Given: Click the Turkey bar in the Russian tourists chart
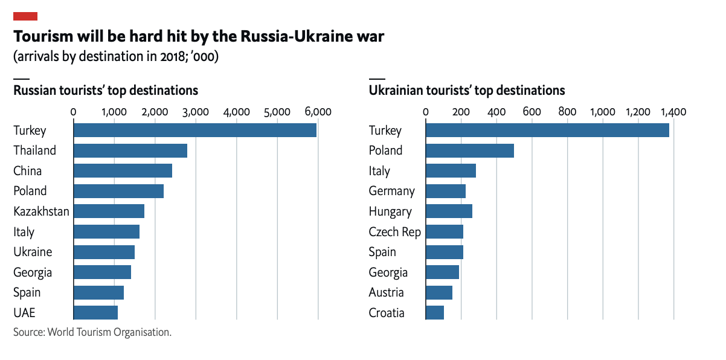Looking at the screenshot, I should point(194,130).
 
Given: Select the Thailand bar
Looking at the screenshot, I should point(130,150).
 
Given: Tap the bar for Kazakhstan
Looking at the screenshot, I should point(109,211).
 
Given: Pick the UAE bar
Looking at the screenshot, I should point(95,312).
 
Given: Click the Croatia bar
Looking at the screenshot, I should point(435,312).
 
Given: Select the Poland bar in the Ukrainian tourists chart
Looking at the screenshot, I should point(469,150).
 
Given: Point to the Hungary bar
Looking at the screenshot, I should point(449,211).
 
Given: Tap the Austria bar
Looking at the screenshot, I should point(439,292).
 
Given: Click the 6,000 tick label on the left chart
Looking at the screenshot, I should point(318,112).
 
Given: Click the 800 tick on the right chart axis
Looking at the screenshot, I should point(567,112).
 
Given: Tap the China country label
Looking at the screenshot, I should point(28,171).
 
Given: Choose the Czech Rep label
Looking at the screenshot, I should point(394,231).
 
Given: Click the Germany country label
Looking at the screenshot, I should point(391,191).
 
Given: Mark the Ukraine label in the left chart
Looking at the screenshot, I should point(33,252).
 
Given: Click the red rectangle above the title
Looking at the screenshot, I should point(25,16).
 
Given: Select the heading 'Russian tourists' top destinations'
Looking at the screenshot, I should point(106,91).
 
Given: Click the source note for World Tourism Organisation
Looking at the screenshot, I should point(92,332).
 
